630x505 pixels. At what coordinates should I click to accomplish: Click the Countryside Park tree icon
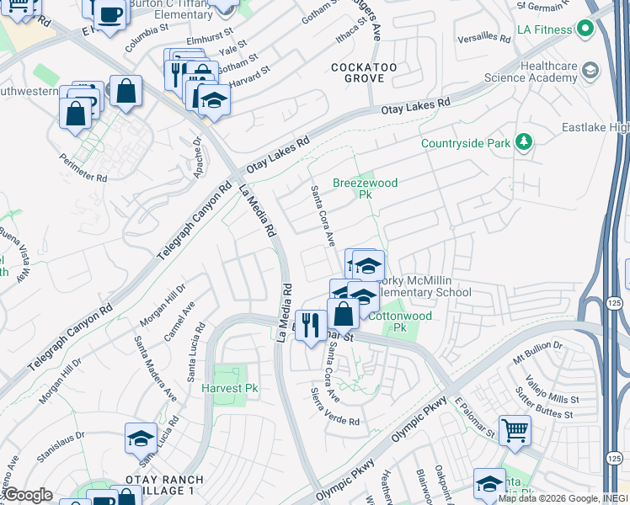[524, 141]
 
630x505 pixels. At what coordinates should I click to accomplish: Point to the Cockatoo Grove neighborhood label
[359, 72]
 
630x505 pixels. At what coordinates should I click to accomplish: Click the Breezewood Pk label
[365, 188]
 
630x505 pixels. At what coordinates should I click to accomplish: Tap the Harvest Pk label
[229, 389]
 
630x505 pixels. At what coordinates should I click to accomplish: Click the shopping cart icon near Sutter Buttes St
[515, 431]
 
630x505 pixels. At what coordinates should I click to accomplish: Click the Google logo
[28, 495]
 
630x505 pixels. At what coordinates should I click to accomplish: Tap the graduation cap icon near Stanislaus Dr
[141, 438]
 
